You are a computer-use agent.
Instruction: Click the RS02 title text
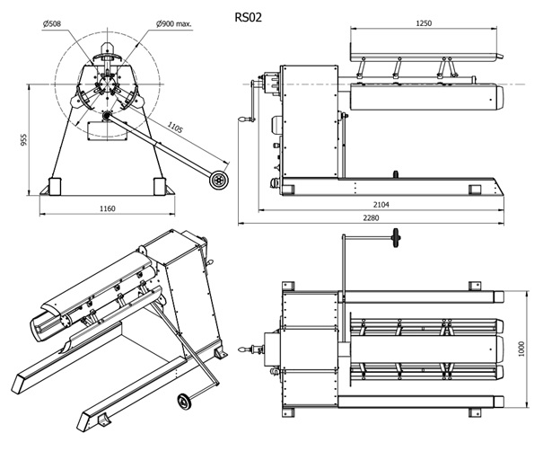coord(249,16)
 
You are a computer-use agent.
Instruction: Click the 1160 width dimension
coord(107,208)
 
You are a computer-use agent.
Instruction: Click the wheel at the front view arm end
coord(216,181)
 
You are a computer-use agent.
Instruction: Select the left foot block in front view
coord(54,185)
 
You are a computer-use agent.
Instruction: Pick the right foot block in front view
coord(159,185)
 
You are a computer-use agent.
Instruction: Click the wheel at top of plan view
coord(395,239)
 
